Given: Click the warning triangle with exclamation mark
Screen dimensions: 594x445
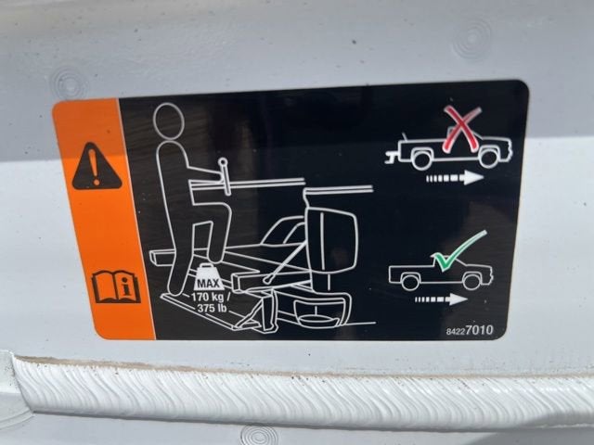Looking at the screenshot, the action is [x=97, y=167].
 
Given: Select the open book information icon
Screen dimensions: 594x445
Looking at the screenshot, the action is [x=116, y=286].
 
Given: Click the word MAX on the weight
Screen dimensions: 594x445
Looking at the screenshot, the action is [x=208, y=284].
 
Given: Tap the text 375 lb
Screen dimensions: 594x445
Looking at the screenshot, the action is [x=213, y=308].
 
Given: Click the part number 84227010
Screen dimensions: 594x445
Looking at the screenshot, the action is [x=470, y=330].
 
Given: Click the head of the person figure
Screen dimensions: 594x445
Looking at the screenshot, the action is [x=169, y=121].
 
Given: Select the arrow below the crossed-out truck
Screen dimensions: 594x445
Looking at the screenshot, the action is [x=455, y=177].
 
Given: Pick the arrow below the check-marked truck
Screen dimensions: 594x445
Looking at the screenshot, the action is [x=441, y=299].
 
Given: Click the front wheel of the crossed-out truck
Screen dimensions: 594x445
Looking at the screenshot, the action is [x=489, y=158].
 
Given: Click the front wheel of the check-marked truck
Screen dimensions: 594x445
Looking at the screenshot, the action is [x=471, y=281].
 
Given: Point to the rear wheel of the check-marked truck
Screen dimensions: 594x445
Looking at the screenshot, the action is [x=409, y=282].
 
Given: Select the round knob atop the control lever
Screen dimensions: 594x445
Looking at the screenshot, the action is [x=224, y=163].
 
